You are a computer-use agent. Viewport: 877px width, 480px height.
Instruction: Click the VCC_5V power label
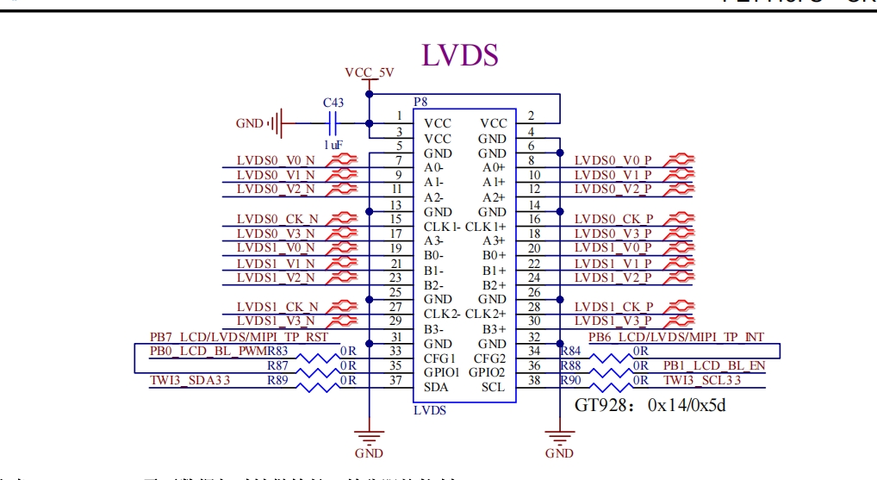point(369,72)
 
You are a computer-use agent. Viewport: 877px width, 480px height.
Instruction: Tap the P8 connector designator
point(420,103)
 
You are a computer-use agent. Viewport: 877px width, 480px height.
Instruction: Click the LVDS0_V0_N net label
point(276,160)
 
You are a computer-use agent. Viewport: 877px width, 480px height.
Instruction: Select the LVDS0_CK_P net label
point(613,219)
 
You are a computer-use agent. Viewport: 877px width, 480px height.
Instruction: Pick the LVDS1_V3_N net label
point(276,321)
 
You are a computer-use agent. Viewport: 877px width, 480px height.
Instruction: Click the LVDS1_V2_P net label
point(613,277)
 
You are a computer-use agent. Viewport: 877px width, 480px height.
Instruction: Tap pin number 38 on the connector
point(533,379)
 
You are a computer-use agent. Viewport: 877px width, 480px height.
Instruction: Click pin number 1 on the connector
point(398,115)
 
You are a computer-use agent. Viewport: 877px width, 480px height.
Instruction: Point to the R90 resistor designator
point(570,380)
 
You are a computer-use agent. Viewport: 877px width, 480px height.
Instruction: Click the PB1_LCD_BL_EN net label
point(713,365)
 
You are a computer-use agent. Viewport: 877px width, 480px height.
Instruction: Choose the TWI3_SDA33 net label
point(190,380)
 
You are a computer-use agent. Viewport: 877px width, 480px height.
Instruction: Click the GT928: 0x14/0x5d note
point(650,405)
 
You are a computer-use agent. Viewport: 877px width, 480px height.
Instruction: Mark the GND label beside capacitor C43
point(250,123)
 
